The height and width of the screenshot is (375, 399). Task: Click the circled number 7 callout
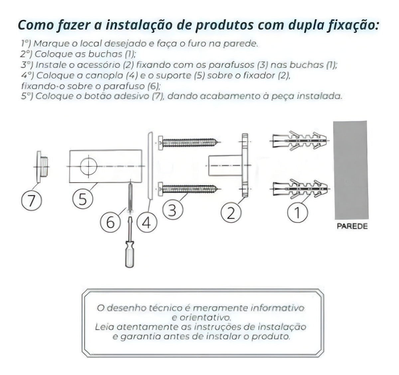pyautogui.click(x=32, y=201)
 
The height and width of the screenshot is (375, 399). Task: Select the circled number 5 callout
pyautogui.click(x=82, y=199)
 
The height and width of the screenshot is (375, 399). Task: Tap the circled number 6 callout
pyautogui.click(x=110, y=222)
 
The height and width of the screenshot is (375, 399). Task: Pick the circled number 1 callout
pyautogui.click(x=297, y=213)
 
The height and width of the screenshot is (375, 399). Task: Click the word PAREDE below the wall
pyautogui.click(x=352, y=227)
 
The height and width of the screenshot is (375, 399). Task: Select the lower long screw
pyautogui.click(x=188, y=189)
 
